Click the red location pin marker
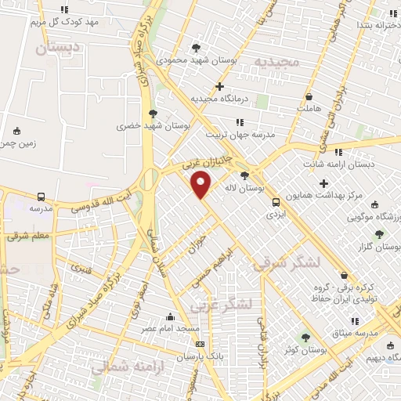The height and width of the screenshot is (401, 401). pyautogui.click(x=202, y=184)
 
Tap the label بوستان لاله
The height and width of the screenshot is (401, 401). pyautogui.click(x=262, y=189)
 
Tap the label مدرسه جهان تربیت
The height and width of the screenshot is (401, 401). pyautogui.click(x=240, y=135)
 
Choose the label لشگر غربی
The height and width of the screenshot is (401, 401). pyautogui.click(x=232, y=302)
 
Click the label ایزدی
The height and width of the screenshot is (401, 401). pyautogui.click(x=274, y=213)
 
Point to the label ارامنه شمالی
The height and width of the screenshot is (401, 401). pyautogui.click(x=119, y=367)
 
